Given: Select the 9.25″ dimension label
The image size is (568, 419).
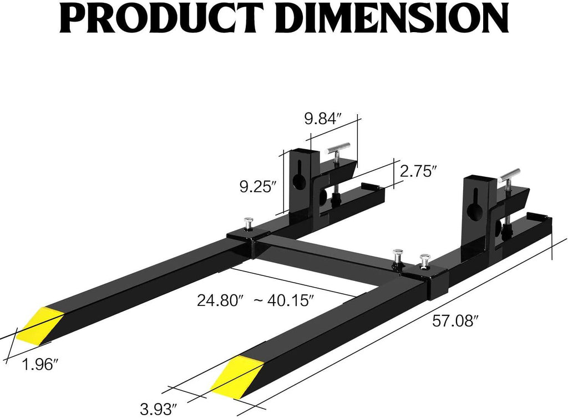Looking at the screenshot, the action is pyautogui.click(x=258, y=187).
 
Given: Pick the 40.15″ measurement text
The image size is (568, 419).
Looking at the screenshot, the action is pyautogui.click(x=290, y=300).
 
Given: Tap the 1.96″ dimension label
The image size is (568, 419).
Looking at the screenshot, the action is pyautogui.click(x=40, y=364).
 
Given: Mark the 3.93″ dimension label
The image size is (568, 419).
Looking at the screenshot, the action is pyautogui.click(x=159, y=409).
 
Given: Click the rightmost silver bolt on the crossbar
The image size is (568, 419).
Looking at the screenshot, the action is pyautogui.click(x=424, y=261).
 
